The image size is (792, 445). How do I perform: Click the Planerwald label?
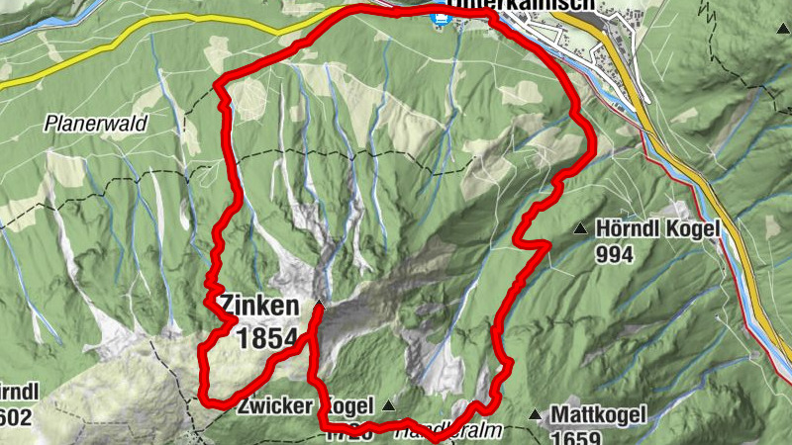coord(95,125)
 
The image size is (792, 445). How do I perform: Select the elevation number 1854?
coord(267,338)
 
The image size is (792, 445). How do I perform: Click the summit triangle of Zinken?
coord(320,304)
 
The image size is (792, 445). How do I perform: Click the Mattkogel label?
coord(598,413)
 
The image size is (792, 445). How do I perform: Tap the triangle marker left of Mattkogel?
coord(536,414)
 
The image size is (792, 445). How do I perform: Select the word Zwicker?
coord(272,405)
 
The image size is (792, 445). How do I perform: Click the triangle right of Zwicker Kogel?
coord(387,405)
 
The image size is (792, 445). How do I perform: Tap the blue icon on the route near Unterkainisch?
coord(436,17)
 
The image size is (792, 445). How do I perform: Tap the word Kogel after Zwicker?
coord(346,405)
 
